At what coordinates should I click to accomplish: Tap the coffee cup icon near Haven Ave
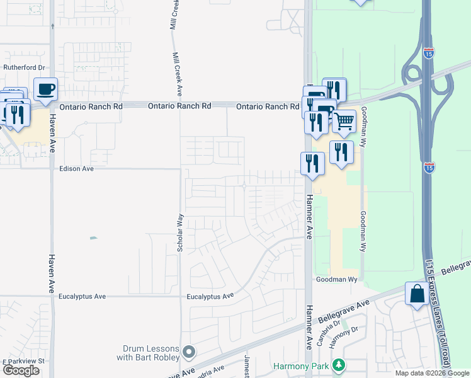point(45,89)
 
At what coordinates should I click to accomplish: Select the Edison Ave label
point(76,169)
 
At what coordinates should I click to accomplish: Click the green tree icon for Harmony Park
point(339,365)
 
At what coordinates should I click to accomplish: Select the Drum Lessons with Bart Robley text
point(148,353)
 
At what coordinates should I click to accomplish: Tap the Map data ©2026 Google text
point(432,373)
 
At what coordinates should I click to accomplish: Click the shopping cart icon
point(344,121)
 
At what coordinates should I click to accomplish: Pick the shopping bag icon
point(417,294)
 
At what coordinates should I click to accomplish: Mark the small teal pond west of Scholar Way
point(93,238)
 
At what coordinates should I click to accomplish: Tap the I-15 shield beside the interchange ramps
point(429,53)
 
